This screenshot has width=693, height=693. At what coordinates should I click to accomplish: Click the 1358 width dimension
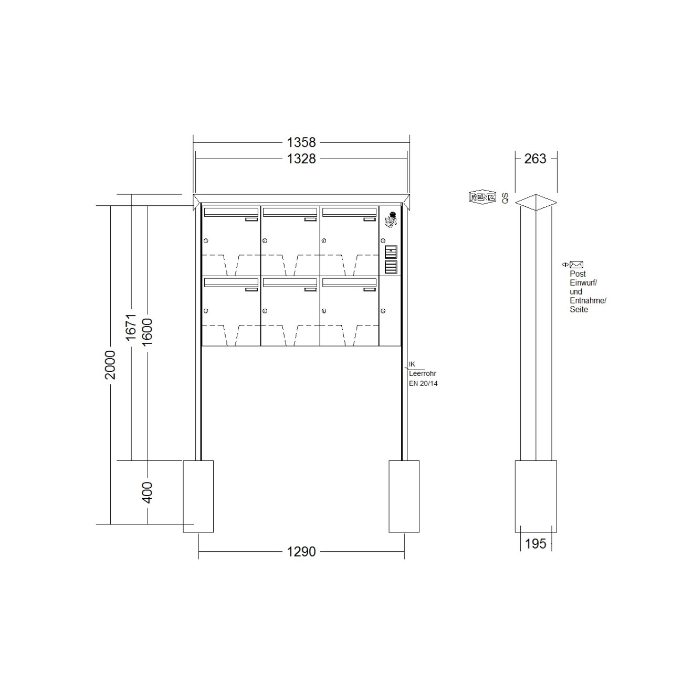301,142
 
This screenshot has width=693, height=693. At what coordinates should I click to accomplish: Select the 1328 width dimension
301,159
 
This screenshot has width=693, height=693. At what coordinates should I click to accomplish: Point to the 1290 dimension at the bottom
301,551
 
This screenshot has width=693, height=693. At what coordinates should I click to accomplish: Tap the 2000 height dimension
110,365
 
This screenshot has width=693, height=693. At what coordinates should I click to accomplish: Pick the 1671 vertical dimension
131,327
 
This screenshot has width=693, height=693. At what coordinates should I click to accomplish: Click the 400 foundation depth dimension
147,492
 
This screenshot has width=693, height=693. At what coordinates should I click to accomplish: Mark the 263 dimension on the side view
535,159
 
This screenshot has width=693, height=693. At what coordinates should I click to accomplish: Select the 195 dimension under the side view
535,544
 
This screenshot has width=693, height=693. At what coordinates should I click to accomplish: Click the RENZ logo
482,197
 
